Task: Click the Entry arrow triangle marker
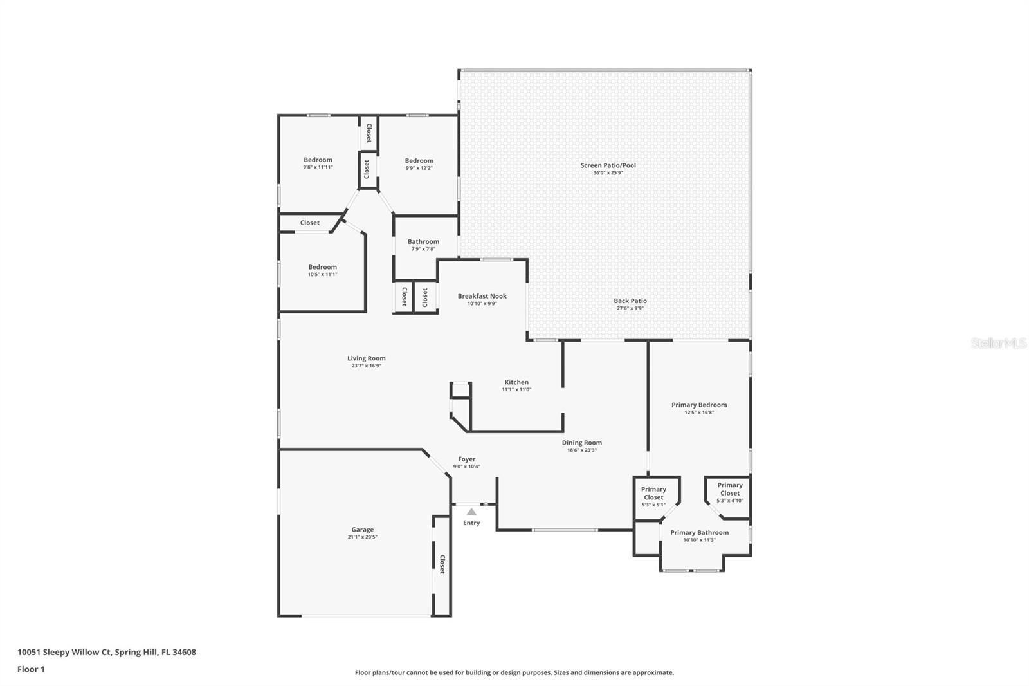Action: point(471,512)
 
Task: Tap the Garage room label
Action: point(362,530)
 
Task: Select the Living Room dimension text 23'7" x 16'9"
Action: point(366,366)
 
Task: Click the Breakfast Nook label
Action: point(482,296)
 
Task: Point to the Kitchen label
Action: point(516,382)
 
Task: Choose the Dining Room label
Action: point(581,443)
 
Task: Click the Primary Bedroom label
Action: point(698,405)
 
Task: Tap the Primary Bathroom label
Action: point(699,532)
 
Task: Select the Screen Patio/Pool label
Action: point(608,165)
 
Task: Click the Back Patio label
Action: point(630,301)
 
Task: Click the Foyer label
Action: point(466,459)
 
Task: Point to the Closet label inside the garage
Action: point(442,564)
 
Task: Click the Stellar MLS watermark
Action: point(998,344)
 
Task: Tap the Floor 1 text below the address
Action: point(31,669)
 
